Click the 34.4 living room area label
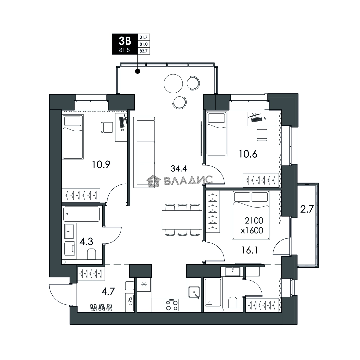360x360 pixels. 179,169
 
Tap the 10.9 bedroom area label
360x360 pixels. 101,164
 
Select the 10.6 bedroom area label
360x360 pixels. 248,154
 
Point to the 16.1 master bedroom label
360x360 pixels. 250,250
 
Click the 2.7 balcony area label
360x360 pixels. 307,209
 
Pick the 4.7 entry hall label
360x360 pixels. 108,292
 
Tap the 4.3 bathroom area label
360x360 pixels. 86,242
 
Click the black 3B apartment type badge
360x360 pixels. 124,44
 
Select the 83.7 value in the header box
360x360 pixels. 143,51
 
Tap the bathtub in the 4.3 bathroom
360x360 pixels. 81,214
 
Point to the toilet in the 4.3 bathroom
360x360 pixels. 91,254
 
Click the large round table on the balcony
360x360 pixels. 173,84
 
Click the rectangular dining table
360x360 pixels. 182,220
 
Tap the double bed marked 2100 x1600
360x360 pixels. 251,215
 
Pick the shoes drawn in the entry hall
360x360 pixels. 101,307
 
